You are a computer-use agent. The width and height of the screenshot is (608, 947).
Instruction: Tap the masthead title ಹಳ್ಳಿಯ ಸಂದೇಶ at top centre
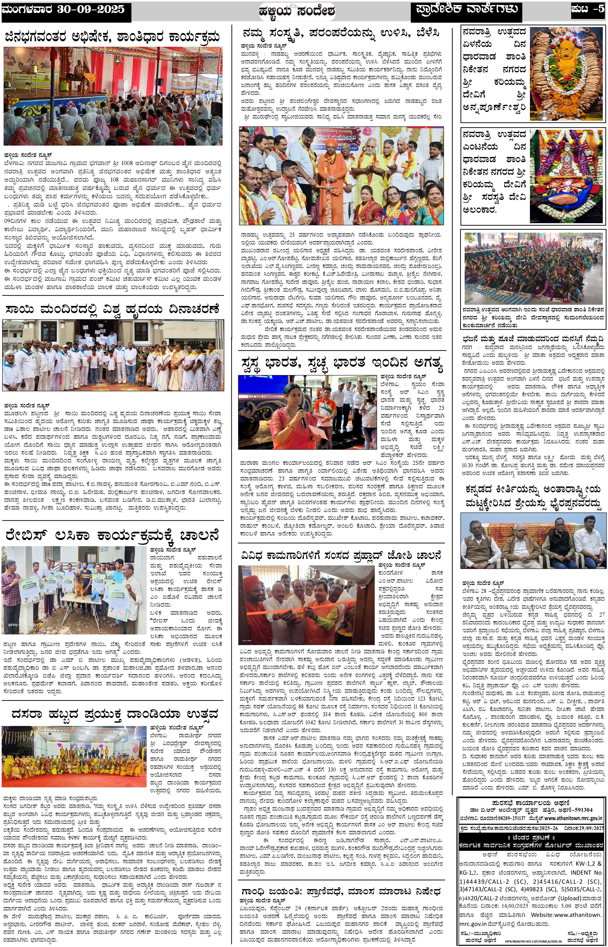point(297,11)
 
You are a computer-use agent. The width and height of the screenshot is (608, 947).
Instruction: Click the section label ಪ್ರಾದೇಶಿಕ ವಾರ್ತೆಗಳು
point(466,9)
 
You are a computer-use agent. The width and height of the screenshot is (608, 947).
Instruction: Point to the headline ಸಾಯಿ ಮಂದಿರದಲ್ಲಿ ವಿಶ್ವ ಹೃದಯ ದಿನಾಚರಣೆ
point(112,309)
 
